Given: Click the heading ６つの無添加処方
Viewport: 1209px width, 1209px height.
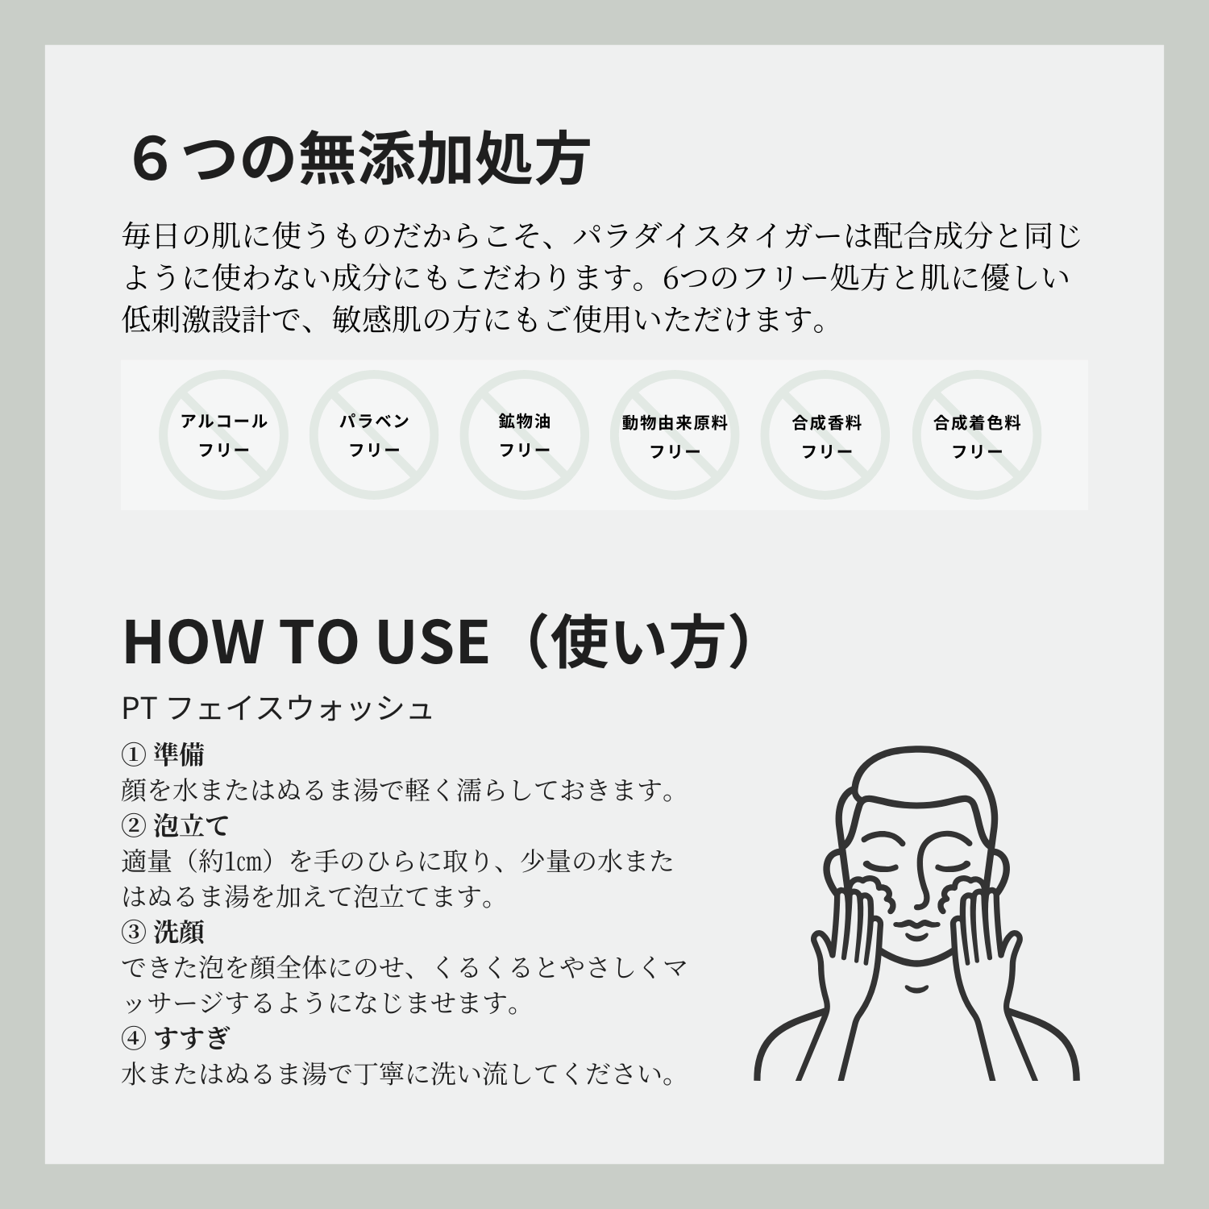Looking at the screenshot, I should click(360, 159).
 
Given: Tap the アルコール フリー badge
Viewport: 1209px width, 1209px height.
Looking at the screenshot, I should click(223, 435).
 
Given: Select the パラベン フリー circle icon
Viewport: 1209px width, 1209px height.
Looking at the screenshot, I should click(374, 435).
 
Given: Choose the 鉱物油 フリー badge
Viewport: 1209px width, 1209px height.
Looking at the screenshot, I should click(524, 435).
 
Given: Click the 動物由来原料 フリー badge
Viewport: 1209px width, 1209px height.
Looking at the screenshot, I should click(675, 435).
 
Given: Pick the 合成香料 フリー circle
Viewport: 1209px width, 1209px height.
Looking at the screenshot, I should click(826, 435).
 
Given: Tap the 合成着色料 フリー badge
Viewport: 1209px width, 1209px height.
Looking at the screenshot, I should click(977, 435).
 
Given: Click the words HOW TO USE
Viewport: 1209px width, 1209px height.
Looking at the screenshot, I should click(305, 642).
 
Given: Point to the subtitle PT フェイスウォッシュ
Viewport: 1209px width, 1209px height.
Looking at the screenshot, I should click(277, 708).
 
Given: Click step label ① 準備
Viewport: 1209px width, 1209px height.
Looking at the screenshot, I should click(163, 754).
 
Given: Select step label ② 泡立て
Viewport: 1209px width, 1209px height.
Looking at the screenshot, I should click(175, 825).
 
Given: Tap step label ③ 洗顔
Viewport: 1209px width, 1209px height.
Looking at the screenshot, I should click(163, 932).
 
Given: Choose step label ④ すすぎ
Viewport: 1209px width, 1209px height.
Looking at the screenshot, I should click(175, 1038).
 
